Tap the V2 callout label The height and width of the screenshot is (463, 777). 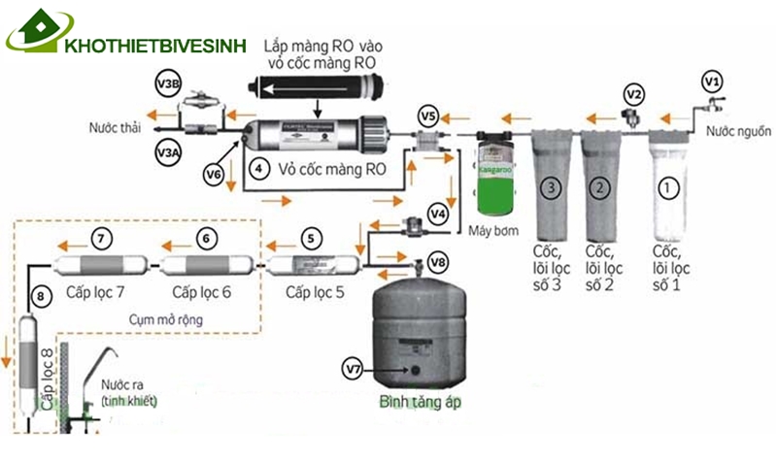634,94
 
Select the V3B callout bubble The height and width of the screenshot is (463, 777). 168,84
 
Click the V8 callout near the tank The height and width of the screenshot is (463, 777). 439,261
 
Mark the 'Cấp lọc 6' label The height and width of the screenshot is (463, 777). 202,290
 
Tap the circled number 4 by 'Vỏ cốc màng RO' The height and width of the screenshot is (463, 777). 257,167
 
